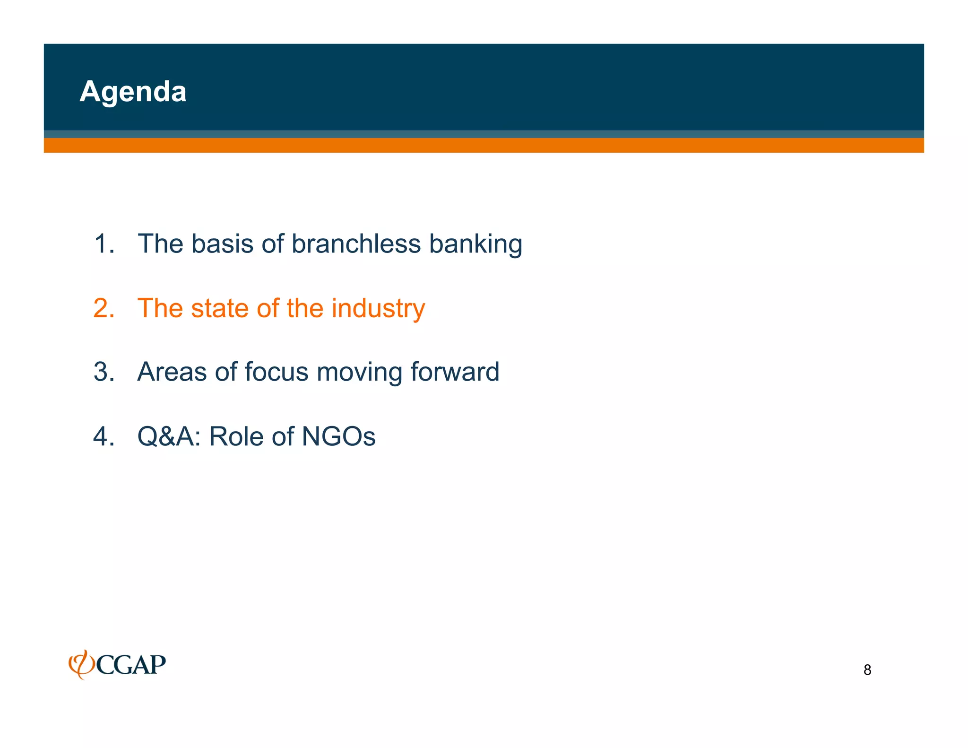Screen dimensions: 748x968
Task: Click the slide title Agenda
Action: (x=133, y=91)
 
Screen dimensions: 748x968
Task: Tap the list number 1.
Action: (x=104, y=244)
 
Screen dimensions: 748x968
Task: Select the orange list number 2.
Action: (x=104, y=308)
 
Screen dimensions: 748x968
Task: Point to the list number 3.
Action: (x=104, y=372)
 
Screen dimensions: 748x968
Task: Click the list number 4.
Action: (x=104, y=436)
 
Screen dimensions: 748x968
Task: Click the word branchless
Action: (x=355, y=244)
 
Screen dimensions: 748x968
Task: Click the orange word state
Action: (x=219, y=308)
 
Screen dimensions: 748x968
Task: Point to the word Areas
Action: (x=172, y=372)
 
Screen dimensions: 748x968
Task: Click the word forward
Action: (x=454, y=372)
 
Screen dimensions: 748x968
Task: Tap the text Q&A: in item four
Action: (x=169, y=436)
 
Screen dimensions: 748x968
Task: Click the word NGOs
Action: (x=338, y=436)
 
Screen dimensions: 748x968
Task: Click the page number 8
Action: (x=867, y=670)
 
